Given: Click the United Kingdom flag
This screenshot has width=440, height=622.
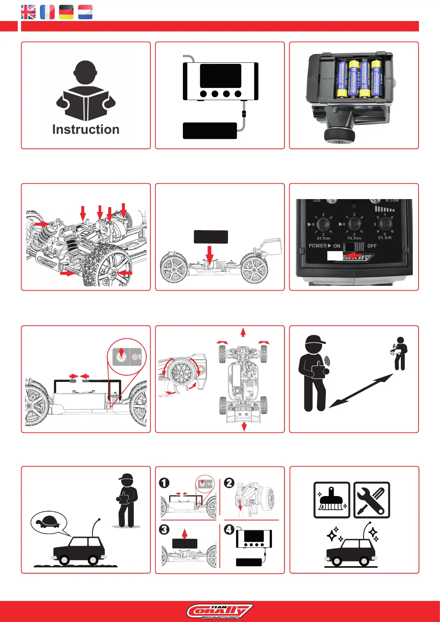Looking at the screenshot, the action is [x=28, y=12].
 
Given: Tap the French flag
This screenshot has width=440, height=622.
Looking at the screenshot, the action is [x=47, y=12].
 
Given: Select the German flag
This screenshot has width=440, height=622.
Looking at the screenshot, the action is [x=66, y=12].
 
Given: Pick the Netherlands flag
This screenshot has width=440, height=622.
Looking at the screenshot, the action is [x=85, y=12].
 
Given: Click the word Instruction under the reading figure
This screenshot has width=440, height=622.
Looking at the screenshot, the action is [x=86, y=130].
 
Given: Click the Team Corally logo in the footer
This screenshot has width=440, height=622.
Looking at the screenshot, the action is [x=220, y=611].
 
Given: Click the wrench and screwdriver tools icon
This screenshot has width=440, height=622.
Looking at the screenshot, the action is [x=372, y=500].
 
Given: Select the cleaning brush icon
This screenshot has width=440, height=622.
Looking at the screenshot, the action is [x=331, y=500].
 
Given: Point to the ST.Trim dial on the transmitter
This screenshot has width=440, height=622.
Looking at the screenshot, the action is [x=323, y=224].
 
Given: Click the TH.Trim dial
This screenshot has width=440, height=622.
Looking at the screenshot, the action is [x=354, y=224].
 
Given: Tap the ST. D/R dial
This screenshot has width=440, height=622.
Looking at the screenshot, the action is [x=385, y=223].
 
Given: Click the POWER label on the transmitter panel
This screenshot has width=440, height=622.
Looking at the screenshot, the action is [x=318, y=246].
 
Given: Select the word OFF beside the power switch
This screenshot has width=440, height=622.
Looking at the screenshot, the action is [x=372, y=246].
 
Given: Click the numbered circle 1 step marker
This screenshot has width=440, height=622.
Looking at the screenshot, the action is [x=164, y=483].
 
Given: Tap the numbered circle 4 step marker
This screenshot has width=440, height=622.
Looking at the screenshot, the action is [x=229, y=530].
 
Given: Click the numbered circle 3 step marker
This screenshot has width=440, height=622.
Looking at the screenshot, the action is [x=164, y=530].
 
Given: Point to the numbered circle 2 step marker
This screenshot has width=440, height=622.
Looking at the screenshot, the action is [x=229, y=483].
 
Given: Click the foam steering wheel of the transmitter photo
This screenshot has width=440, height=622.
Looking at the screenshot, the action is [x=340, y=136].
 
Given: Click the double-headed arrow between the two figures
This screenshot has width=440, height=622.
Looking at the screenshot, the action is [x=361, y=391].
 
